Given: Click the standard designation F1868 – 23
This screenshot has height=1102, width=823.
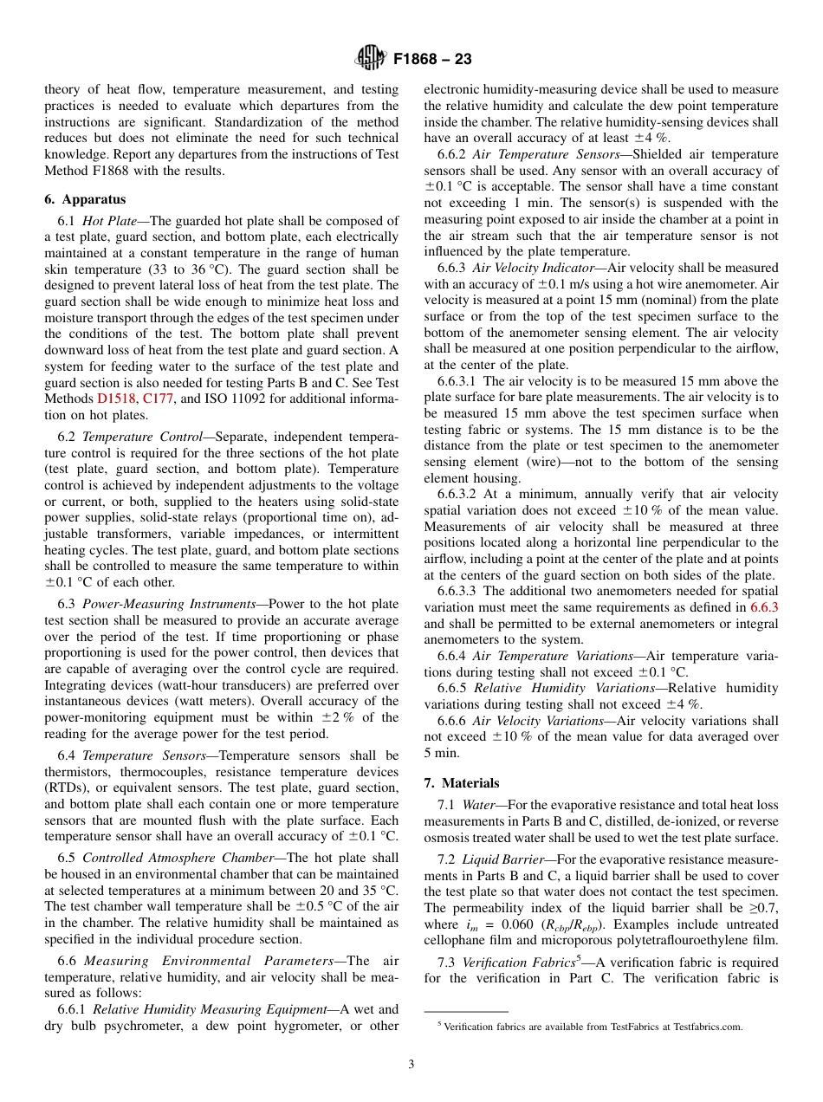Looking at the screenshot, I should point(432,60).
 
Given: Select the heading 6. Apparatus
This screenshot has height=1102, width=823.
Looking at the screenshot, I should point(85,199).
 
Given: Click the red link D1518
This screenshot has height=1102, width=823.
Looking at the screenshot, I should point(117,399).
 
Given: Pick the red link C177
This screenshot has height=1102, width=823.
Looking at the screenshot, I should point(158,399).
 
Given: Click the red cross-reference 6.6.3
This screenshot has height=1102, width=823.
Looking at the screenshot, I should point(763,607).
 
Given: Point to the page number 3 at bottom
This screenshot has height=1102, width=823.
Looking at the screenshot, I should point(411,1064).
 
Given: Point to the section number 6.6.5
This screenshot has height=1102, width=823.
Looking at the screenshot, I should point(452,688).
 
